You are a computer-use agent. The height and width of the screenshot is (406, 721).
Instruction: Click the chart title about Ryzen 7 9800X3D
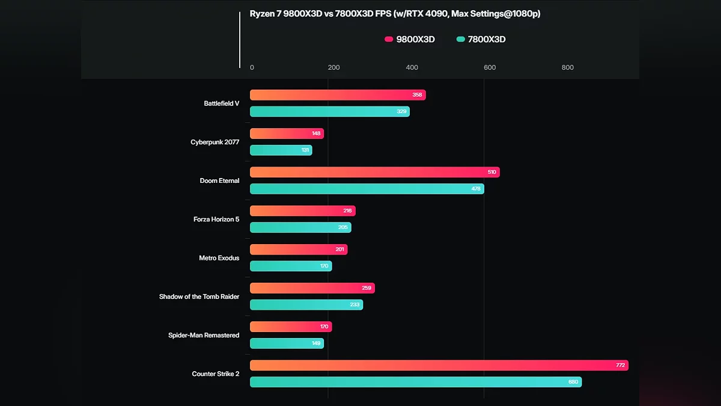(395, 14)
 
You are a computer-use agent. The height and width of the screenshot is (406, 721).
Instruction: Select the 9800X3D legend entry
(410, 40)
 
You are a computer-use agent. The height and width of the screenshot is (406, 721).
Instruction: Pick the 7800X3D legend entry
(481, 40)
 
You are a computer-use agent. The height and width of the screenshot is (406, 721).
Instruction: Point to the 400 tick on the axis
(412, 68)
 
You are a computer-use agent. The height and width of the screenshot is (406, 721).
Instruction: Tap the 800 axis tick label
(567, 68)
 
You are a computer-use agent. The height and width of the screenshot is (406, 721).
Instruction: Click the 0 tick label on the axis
(252, 68)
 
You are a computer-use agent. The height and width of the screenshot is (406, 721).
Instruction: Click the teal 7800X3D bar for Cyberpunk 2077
(281, 150)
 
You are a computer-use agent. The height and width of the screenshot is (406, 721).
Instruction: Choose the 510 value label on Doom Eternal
(492, 172)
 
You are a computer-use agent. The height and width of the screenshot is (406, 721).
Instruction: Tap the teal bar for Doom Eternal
(367, 189)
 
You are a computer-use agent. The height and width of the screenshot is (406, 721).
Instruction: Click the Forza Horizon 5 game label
(216, 220)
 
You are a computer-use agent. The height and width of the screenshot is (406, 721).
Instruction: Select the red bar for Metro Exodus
(299, 250)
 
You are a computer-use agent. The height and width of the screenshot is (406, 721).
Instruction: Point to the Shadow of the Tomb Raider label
(199, 297)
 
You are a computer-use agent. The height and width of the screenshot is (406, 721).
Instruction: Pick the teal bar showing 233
(306, 305)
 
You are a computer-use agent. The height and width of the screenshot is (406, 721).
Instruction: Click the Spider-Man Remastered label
(204, 335)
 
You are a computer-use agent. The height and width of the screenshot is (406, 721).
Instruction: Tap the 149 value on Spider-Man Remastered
(315, 343)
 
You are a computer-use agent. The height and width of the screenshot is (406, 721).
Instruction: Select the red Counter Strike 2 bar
(439, 365)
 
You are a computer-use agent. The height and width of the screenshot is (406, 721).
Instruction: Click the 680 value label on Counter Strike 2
(573, 382)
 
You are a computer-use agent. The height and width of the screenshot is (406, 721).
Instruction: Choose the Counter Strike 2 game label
(216, 374)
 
